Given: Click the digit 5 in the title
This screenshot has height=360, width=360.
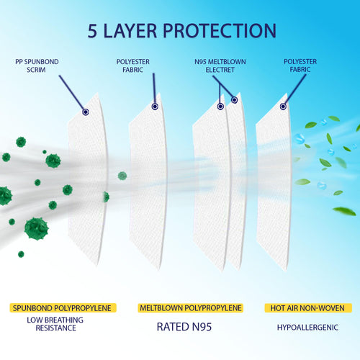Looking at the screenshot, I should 94,30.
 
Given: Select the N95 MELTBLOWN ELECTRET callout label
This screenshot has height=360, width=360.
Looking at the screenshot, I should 220,66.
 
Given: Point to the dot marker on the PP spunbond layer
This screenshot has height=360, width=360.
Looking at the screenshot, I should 86,112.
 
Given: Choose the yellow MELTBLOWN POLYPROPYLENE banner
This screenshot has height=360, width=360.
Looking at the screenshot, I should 190,308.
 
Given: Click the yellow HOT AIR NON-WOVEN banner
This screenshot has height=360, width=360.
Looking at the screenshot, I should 307,308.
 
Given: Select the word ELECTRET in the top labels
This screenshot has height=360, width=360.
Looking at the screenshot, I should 220,70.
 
